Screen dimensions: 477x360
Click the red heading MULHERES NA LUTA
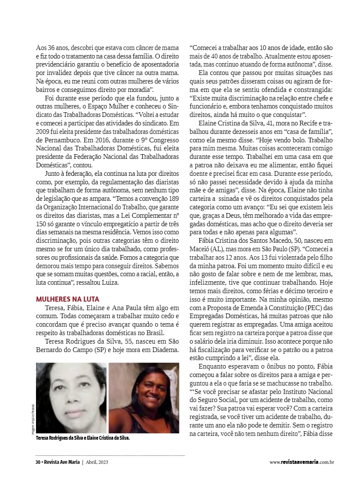[x=67, y=299]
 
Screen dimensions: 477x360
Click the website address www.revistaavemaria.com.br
[x=302, y=462]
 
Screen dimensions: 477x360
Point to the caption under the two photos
[x=83, y=438]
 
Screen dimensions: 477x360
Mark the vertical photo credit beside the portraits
[x=33, y=420]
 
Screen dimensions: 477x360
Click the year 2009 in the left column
[x=43, y=131]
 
